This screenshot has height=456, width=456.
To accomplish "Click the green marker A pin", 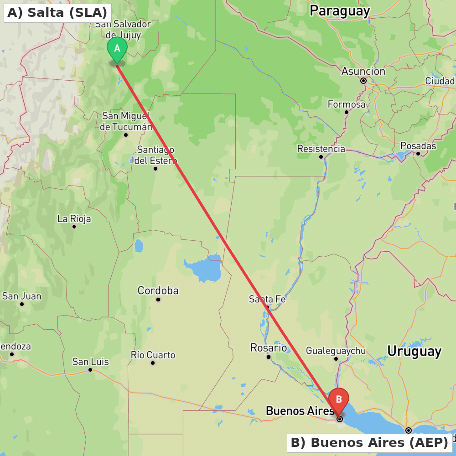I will tap(117, 49).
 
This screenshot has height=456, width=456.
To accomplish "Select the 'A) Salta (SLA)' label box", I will tap(57, 12).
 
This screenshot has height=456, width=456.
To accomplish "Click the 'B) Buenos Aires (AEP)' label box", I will tap(369, 443).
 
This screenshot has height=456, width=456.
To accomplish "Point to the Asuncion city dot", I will tap(363, 81).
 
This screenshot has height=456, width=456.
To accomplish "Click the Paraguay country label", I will tap(340, 11).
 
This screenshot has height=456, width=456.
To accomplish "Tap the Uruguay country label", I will tap(414, 351).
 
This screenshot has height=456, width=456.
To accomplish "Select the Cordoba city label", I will tap(158, 290).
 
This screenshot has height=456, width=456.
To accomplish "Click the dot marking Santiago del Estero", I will tap(155, 169).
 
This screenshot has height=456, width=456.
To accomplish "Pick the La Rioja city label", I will tap(74, 219).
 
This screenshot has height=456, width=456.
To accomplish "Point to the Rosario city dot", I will tap(269, 357).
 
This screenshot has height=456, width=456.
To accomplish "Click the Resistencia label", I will tap(321, 149).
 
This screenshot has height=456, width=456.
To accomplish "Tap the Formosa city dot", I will tap(347, 112).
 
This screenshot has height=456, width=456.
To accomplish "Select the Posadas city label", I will tap(418, 146).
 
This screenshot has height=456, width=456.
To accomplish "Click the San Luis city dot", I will tap(90, 370).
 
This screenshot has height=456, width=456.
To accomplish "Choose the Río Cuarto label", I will tap(153, 355).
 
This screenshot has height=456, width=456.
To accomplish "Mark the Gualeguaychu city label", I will tap(336, 351).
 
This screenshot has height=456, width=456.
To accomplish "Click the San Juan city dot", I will tap(22, 304).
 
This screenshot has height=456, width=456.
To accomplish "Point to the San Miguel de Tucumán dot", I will tap(126, 135).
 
